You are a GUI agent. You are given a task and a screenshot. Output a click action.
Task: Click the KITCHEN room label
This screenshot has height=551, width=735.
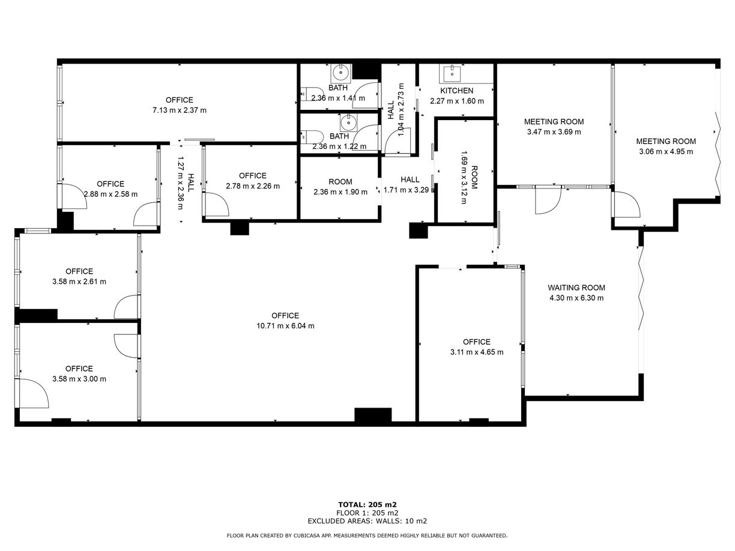tap(456, 91)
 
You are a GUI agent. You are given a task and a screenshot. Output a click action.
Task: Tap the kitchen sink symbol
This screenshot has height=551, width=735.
tap(452, 74)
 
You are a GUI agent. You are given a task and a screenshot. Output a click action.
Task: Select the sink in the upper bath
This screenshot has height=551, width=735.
tap(341, 73)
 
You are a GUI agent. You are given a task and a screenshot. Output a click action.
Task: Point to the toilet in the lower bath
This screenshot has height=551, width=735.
tap(312, 137)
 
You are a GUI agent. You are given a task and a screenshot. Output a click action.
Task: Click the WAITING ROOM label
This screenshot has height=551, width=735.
tap(576, 288)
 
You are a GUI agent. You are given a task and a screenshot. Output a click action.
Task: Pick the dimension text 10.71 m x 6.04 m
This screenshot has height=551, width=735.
tap(285, 325)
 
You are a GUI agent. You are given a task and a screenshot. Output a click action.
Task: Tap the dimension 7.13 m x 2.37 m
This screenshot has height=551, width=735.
tap(180, 110)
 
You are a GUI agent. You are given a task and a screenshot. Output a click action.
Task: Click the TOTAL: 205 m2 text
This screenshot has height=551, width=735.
tap(367, 505)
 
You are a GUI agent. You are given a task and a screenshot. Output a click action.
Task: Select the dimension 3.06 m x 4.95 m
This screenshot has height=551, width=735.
tap(666, 151)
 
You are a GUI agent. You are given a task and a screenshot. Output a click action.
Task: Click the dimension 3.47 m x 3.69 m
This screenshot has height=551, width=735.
tap(554, 132)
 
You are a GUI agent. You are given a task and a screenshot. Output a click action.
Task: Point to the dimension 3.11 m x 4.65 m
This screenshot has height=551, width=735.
tap(477, 352)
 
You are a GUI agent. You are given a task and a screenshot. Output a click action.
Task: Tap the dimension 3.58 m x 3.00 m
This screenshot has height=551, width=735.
tap(79, 379)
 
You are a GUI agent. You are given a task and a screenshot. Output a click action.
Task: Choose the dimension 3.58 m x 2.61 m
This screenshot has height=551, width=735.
tap(79, 282)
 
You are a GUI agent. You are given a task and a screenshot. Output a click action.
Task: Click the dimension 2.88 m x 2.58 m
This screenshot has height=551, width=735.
tap(110, 194)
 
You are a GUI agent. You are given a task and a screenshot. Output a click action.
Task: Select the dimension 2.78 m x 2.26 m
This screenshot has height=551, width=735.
tap(252, 186)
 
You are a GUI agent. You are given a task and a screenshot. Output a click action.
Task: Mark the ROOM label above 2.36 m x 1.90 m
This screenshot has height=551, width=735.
tap(340, 182)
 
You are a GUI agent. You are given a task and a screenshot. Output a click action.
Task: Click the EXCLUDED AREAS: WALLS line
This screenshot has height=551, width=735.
tap(367, 521)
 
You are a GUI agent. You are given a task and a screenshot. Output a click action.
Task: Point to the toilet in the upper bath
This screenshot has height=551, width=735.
tap(312, 94)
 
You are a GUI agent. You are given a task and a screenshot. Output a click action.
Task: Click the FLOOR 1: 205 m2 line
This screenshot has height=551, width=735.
tap(367, 513)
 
